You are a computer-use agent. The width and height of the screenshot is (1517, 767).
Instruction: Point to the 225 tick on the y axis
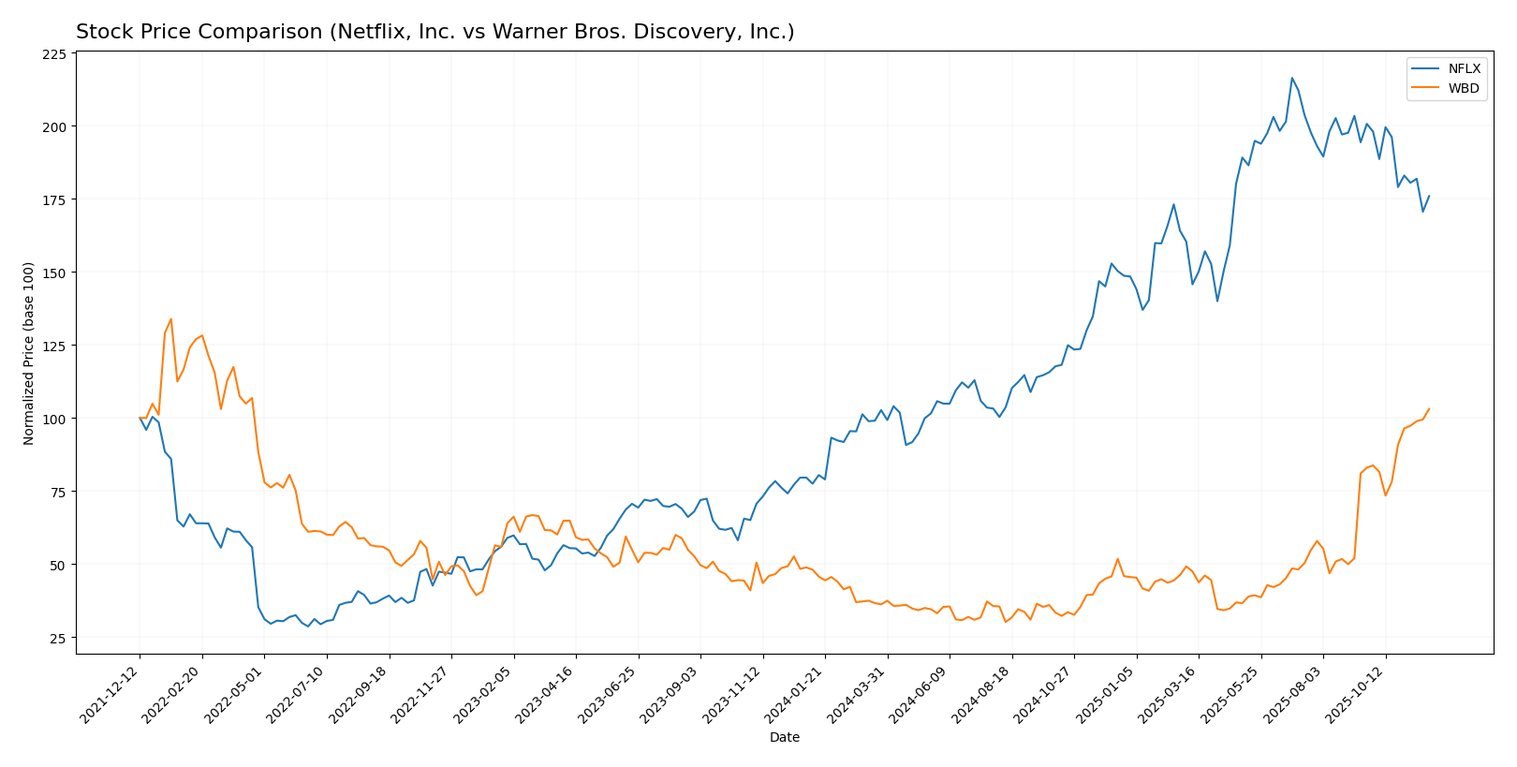click(x=54, y=54)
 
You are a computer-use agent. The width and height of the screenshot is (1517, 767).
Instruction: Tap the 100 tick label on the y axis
click(x=54, y=419)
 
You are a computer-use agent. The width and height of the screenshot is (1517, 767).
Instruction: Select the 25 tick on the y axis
click(x=58, y=638)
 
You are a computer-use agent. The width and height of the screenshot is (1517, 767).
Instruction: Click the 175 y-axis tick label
click(x=54, y=199)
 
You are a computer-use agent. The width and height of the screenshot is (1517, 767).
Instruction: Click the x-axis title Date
click(x=784, y=738)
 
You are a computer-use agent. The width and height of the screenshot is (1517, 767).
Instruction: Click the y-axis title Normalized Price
click(x=29, y=353)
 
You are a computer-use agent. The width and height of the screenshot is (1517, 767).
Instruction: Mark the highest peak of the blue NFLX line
click(x=1292, y=78)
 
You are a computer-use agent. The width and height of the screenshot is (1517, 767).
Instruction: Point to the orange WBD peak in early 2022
click(x=170, y=318)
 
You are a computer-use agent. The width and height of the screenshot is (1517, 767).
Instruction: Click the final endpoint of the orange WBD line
click(x=1429, y=408)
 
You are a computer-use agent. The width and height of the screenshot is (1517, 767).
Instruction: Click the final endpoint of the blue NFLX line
click(x=1429, y=196)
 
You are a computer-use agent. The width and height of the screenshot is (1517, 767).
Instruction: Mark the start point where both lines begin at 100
click(x=140, y=418)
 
